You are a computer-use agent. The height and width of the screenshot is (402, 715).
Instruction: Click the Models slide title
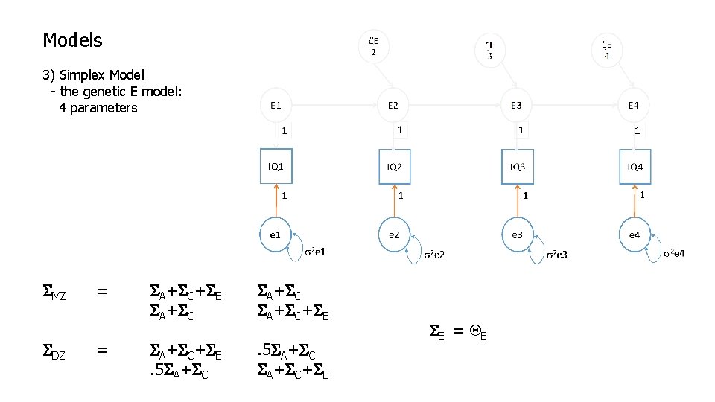click(72, 40)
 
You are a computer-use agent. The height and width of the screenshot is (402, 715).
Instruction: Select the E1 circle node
click(276, 106)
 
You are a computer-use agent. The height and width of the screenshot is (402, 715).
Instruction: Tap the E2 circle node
click(393, 106)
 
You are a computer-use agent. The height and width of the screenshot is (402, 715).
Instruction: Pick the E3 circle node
click(516, 106)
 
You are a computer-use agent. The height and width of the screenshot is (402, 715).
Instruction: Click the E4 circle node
click(633, 106)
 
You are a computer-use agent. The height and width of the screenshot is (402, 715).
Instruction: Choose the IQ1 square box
click(276, 167)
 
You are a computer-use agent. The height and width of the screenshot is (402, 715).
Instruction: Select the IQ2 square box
click(394, 167)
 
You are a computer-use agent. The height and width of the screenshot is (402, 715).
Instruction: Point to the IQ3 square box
click(517, 167)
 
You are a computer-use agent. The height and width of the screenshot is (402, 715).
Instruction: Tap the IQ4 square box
click(635, 167)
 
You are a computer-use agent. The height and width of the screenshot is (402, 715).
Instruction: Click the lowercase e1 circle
click(276, 234)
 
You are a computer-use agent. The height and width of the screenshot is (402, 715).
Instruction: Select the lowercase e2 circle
click(394, 234)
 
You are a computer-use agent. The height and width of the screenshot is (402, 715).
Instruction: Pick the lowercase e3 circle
click(517, 234)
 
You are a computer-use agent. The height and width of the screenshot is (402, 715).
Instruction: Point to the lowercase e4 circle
click(634, 234)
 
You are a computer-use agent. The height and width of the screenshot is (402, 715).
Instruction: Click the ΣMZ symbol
click(54, 293)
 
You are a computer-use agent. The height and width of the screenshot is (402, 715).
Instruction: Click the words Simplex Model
click(102, 75)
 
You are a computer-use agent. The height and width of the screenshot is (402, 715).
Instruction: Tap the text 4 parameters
click(98, 108)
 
